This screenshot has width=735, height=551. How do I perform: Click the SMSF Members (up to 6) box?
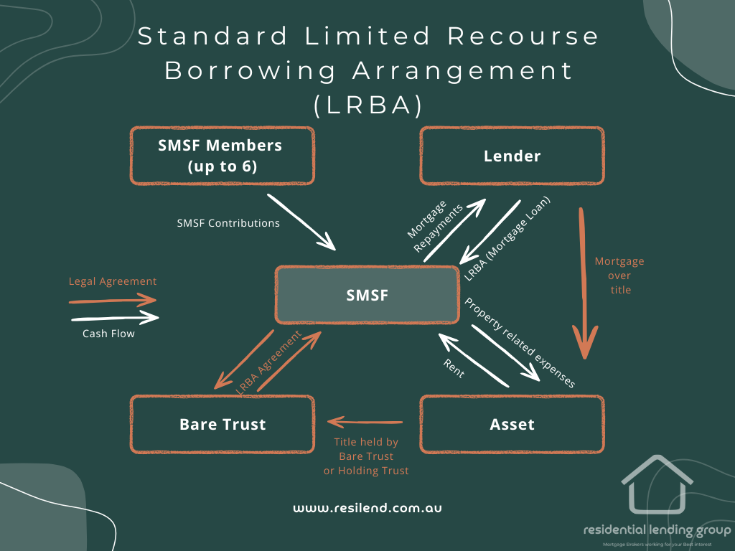click(x=221, y=155)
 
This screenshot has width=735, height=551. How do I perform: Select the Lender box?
click(x=512, y=156)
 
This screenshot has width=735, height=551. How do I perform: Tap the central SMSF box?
click(x=367, y=294)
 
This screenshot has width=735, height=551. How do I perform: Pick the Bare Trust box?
click(x=222, y=424)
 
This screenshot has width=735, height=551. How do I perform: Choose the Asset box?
click(x=512, y=424)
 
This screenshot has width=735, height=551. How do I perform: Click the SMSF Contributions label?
click(x=228, y=223)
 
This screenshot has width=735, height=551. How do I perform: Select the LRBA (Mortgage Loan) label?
click(x=508, y=237)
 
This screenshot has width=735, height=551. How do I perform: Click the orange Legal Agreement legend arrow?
click(x=113, y=299)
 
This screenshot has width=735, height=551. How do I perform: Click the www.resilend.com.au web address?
click(x=367, y=507)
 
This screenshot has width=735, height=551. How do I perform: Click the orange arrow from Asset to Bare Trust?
click(x=365, y=422)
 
